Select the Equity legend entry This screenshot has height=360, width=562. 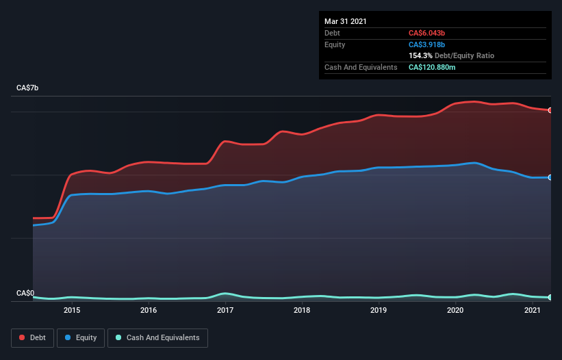[81, 337]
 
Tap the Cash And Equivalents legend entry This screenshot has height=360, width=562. [157, 337]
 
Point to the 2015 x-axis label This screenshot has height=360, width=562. [72, 311]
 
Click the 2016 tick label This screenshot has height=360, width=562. [149, 311]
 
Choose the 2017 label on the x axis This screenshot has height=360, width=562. [225, 311]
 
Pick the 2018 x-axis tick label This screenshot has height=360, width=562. [302, 311]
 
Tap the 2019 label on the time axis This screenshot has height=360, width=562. [379, 311]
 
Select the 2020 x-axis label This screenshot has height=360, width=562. [455, 311]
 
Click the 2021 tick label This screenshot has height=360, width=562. [532, 311]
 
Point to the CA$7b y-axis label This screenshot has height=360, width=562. [28, 88]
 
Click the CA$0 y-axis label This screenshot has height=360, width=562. [25, 293]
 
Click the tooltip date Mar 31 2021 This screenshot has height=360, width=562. [346, 21]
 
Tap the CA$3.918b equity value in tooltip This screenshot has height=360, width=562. [427, 44]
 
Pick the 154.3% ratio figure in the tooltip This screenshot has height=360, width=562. [420, 55]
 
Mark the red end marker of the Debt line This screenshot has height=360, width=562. [550, 110]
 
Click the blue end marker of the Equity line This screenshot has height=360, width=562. [550, 177]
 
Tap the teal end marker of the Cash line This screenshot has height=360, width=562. [550, 298]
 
